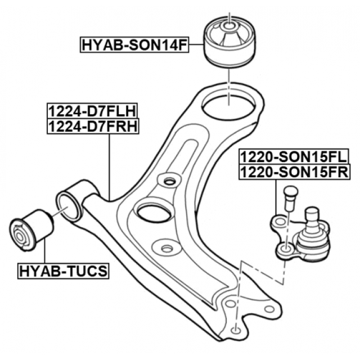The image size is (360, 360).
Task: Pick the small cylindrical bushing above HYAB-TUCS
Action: pos(32,228)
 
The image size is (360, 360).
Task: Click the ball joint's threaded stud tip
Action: pos(312,214)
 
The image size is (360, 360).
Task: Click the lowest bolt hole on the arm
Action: pos(237,330)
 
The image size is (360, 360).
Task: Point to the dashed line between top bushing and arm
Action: pos(228,84)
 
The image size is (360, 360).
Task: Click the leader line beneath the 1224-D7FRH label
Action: pos(109,163)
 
